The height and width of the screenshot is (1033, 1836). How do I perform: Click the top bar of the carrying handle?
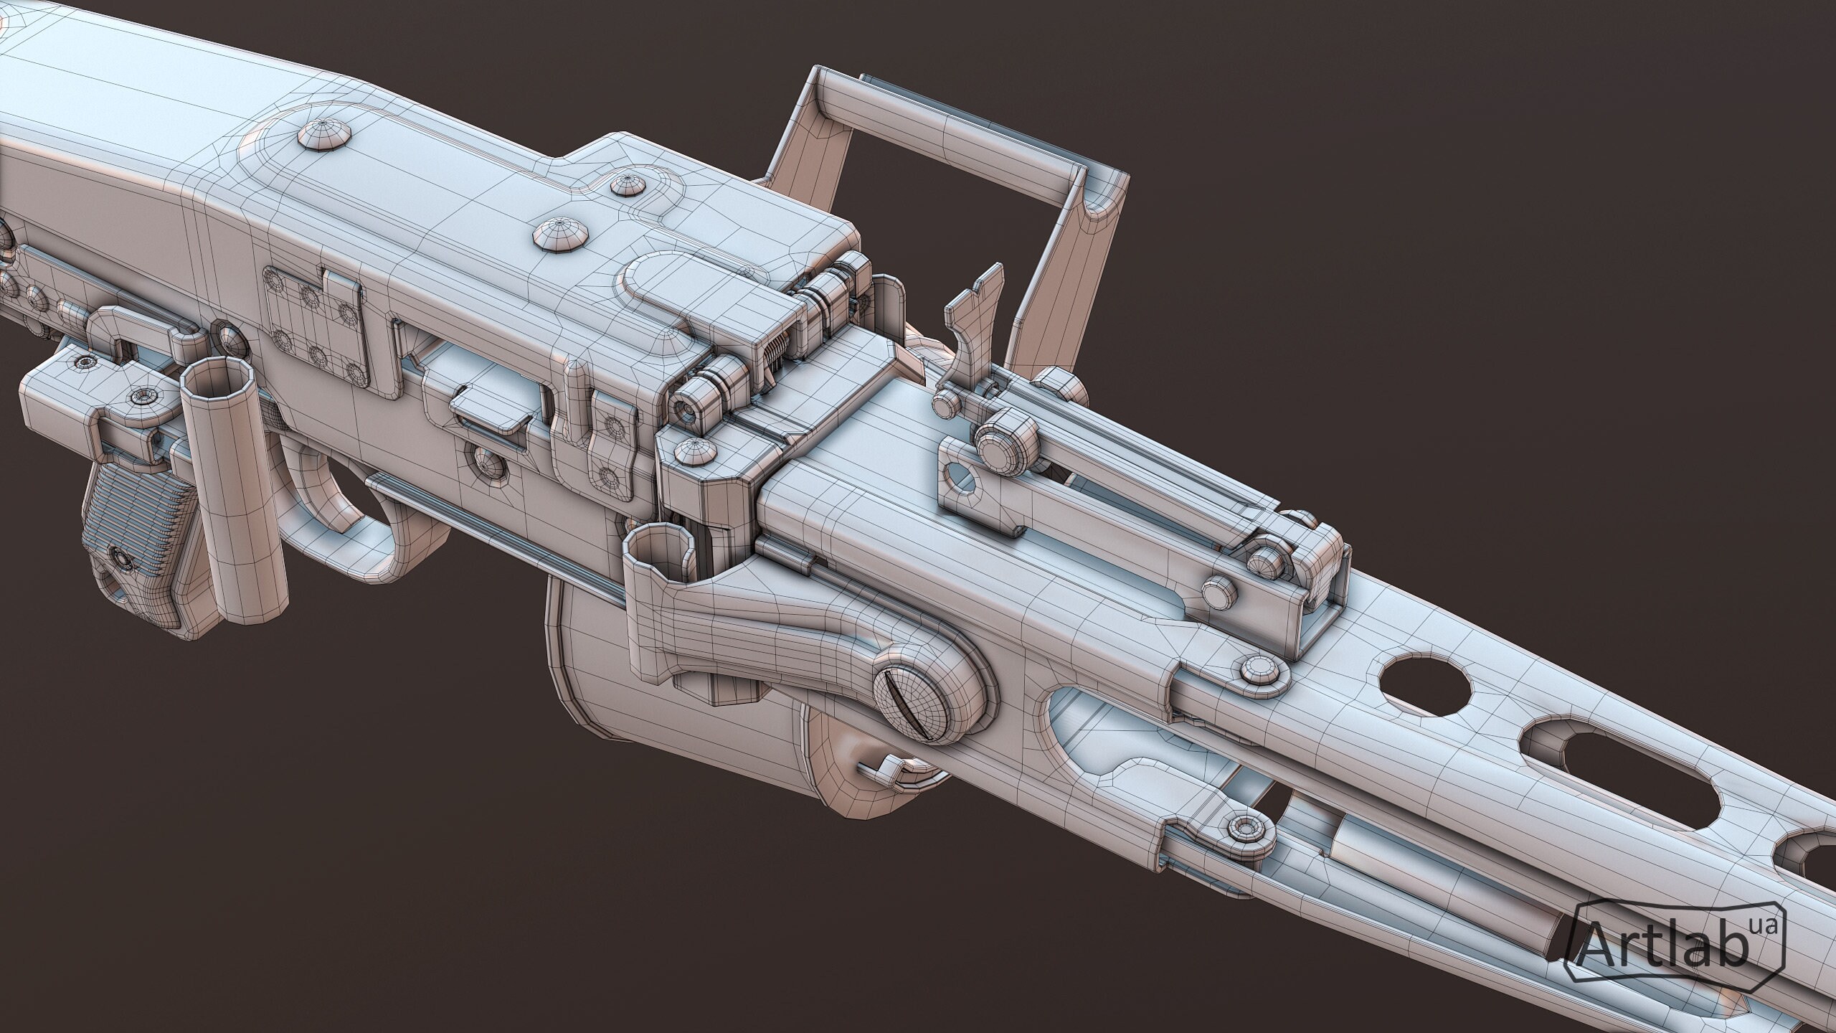click(x=954, y=137)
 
